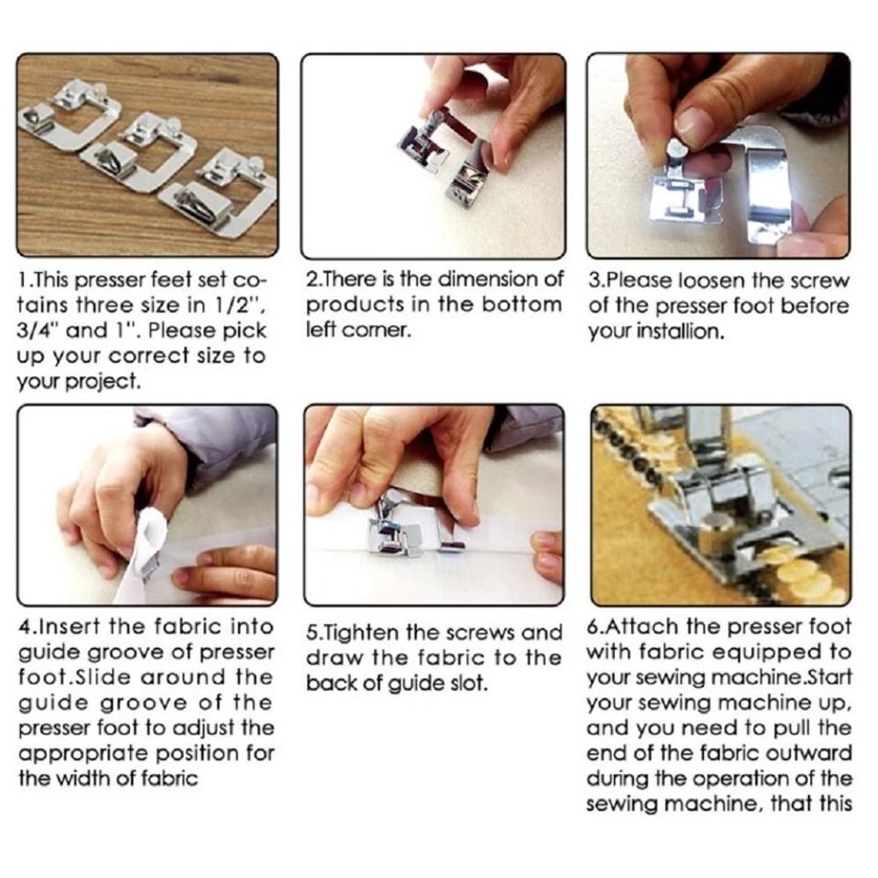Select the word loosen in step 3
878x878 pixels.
pyautogui.click(x=700, y=282)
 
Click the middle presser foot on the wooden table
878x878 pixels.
pyautogui.click(x=140, y=154)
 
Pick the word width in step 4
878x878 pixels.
pyautogui.click(x=80, y=779)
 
